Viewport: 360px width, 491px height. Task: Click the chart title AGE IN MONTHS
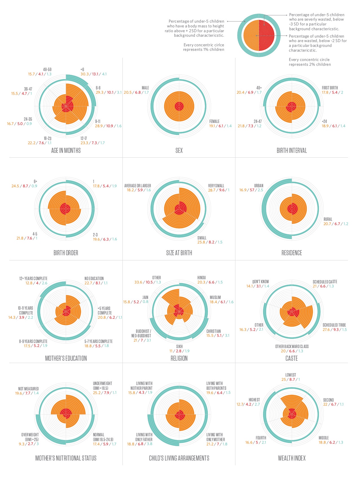(66, 151)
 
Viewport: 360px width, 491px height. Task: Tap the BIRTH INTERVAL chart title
(291, 151)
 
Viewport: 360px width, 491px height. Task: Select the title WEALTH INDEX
(291, 458)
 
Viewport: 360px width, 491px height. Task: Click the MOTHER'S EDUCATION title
(66, 358)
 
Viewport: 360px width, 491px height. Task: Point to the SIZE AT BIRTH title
(179, 253)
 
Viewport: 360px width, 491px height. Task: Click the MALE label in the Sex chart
(145, 88)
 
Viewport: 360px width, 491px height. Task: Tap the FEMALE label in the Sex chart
(214, 121)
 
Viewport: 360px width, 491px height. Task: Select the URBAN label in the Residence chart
(258, 186)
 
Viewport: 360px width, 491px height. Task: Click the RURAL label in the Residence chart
(328, 219)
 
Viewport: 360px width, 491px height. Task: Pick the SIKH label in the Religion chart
(179, 346)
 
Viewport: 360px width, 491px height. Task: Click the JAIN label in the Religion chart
(145, 297)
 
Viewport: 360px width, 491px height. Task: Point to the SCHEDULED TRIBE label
(334, 325)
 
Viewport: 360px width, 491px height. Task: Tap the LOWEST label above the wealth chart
(291, 375)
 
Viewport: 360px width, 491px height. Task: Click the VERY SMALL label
(216, 186)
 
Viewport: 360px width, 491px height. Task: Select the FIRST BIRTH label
(330, 88)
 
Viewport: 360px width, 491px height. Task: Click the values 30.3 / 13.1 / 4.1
(93, 74)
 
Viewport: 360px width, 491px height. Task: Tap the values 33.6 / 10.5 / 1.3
(148, 282)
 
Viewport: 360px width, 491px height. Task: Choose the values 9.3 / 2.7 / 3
(29, 444)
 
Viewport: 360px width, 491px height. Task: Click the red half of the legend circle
(266, 35)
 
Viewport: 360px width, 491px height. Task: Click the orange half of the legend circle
(251, 35)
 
